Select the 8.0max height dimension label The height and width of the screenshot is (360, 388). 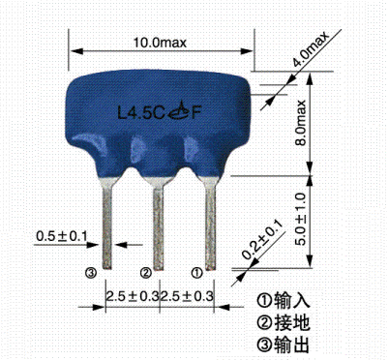(x=301, y=121)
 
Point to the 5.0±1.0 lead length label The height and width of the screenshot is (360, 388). (x=301, y=221)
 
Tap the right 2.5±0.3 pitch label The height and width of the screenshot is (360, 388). (x=187, y=294)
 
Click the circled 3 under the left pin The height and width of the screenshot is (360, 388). (x=92, y=273)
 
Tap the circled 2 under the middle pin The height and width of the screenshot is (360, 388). (x=146, y=273)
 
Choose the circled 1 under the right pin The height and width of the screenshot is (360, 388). (x=196, y=273)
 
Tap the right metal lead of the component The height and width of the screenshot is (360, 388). (x=210, y=219)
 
